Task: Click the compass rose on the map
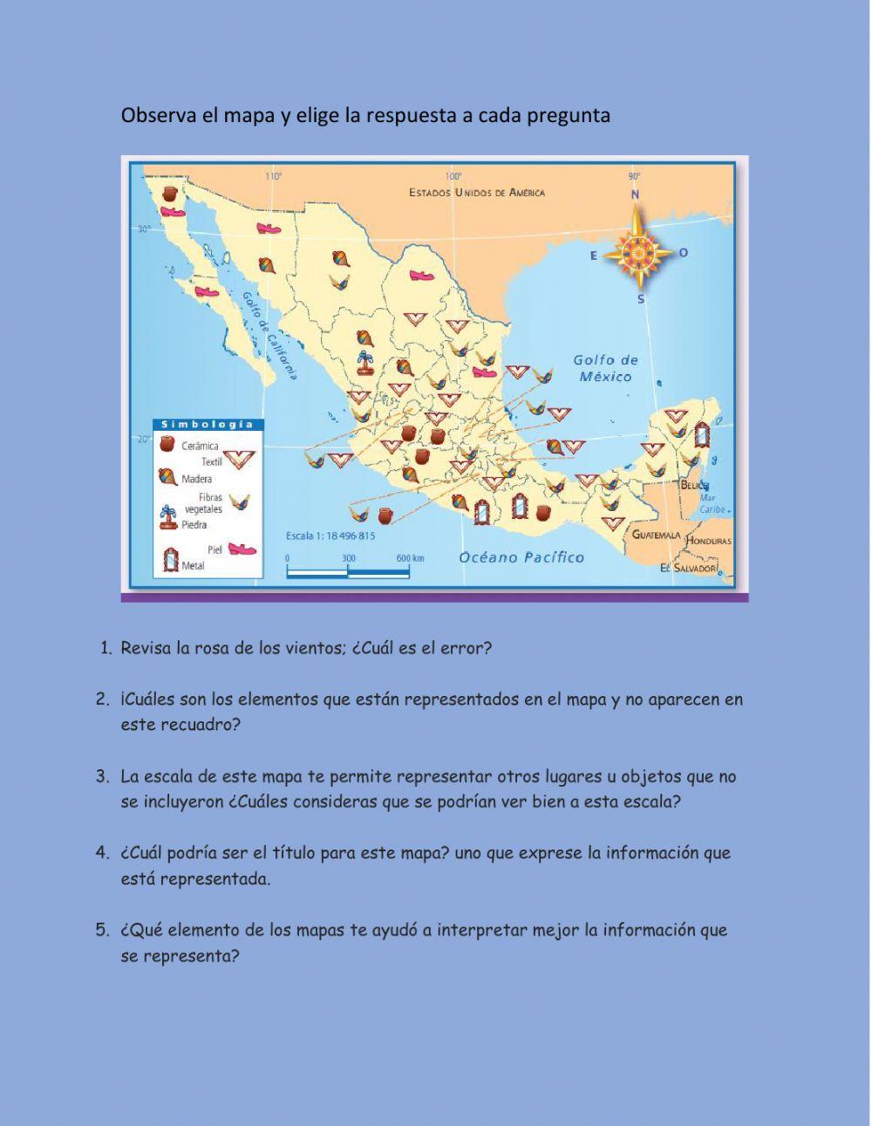[639, 251]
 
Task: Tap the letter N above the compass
[636, 194]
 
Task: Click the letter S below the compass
[641, 299]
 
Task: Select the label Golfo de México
[605, 368]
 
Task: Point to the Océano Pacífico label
[521, 557]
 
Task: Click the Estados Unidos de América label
[477, 192]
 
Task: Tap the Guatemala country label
[656, 534]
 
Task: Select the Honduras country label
[708, 541]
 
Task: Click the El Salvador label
[688, 568]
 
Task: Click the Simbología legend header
[208, 425]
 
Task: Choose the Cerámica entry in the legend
[200, 446]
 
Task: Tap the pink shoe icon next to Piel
[242, 549]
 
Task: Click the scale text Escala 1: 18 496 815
[330, 536]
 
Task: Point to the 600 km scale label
[410, 558]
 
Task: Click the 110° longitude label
[274, 176]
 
